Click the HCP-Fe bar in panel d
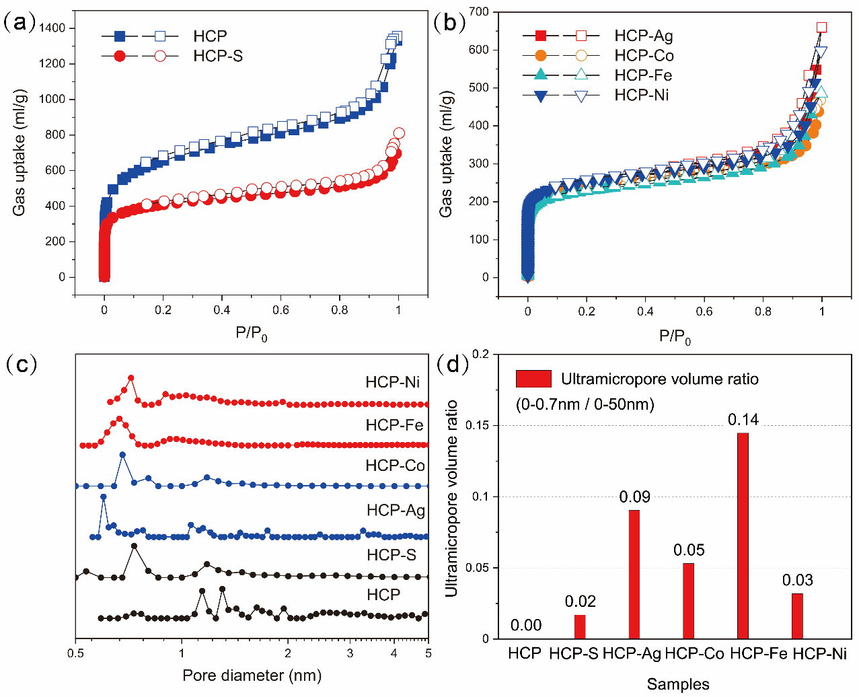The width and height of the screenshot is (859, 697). (x=743, y=536)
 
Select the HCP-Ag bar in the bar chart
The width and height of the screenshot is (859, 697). (x=634, y=575)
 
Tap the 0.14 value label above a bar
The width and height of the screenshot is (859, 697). (x=743, y=420)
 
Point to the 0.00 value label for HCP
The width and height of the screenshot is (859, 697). (x=526, y=625)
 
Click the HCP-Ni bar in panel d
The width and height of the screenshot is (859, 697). (x=797, y=616)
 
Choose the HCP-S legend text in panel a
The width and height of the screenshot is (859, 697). (x=218, y=56)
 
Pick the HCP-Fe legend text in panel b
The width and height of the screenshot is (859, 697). (x=643, y=75)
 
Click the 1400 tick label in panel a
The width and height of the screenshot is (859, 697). (x=52, y=28)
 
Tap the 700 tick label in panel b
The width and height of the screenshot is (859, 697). (x=479, y=11)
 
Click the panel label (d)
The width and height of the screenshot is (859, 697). (x=453, y=364)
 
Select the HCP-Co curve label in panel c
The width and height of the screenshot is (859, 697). (x=395, y=466)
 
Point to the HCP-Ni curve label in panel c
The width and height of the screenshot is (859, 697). (x=393, y=382)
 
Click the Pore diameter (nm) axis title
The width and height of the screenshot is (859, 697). (x=252, y=675)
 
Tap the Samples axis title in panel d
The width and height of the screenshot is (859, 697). (x=678, y=684)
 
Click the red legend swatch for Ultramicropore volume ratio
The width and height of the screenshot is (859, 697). (x=533, y=379)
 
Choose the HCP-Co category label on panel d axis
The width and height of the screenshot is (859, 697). (x=694, y=653)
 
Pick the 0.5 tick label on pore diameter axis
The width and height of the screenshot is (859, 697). (x=76, y=653)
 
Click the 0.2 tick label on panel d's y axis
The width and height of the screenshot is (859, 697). (x=481, y=354)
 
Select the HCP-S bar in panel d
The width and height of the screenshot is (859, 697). (x=580, y=626)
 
